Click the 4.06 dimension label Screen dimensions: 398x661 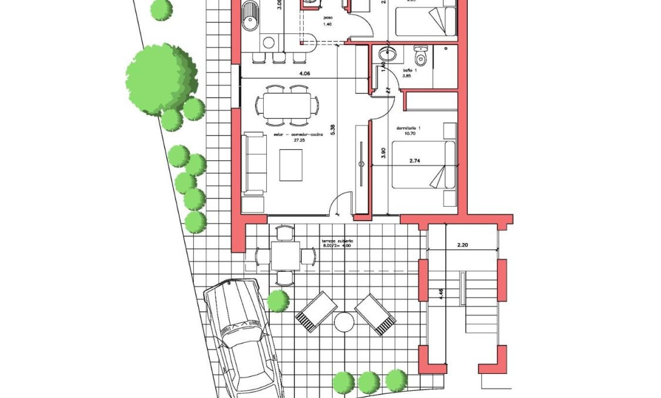tap(304, 73)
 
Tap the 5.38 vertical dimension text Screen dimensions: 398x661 tap(333, 130)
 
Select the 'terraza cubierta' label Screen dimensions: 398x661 tap(337, 241)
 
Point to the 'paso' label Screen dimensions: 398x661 tap(328, 18)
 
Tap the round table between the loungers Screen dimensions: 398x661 tap(344, 322)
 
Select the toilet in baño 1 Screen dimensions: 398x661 tap(420, 56)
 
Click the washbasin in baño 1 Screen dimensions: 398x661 tap(385, 55)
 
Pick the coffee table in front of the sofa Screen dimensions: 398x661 tap(291, 165)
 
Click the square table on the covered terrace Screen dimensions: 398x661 tap(285, 256)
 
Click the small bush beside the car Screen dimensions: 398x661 tap(278, 301)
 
